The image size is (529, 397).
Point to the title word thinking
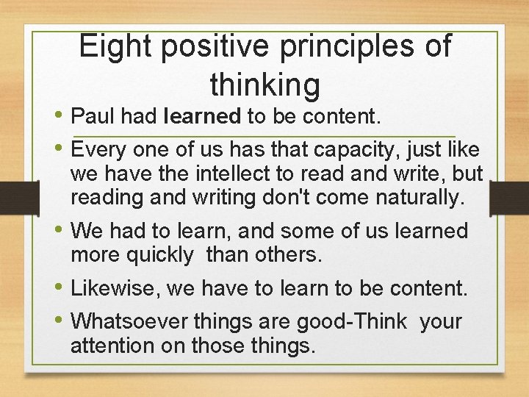265,85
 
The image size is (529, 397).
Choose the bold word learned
203,117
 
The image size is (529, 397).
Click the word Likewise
115,288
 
